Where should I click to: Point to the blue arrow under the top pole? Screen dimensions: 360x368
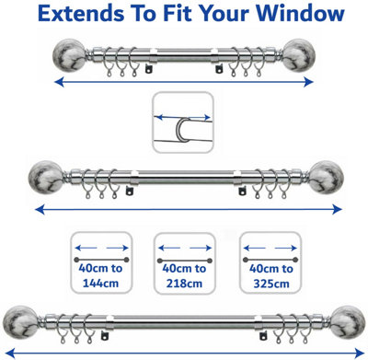coord(184,82)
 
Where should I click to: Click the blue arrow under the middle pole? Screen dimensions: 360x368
coord(184,209)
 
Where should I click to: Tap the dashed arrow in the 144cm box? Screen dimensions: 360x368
coord(100,248)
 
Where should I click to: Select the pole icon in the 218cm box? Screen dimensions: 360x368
coord(184,261)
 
